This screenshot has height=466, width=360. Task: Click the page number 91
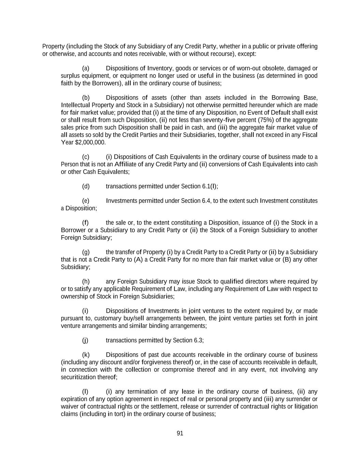[180, 433]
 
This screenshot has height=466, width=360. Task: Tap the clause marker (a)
[86, 68]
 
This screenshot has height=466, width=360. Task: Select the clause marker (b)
[86, 98]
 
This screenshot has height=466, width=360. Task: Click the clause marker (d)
[86, 186]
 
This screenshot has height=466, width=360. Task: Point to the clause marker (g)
[86, 252]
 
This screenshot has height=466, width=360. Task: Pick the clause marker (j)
[85, 340]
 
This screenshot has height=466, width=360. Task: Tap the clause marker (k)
[86, 355]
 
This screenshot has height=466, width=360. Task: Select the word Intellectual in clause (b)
[75, 105]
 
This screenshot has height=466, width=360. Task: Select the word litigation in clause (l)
[305, 406]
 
